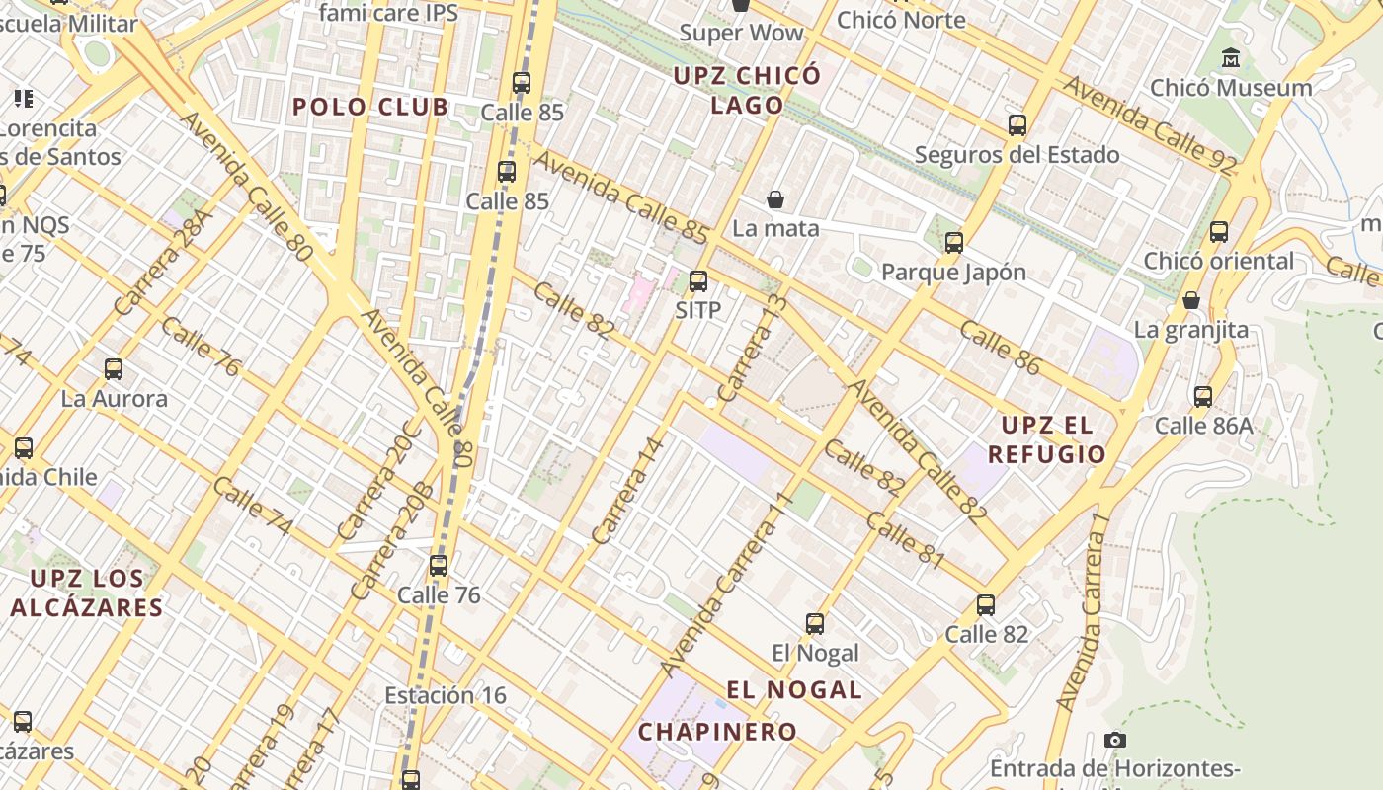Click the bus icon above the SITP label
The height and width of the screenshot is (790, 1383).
point(698,281)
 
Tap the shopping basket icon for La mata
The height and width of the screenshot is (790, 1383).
point(775,200)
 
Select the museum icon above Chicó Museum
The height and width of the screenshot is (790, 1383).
point(1231,58)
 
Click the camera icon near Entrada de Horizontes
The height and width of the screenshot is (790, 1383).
point(1114,740)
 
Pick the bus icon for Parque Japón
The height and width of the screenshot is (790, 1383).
point(953,243)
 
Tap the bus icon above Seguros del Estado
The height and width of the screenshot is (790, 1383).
point(1017,125)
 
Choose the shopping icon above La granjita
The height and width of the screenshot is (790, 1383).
point(1191,300)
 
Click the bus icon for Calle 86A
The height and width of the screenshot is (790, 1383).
point(1202,397)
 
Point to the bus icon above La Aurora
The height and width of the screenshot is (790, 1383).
point(114,370)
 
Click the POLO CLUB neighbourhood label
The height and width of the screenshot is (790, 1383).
point(370,107)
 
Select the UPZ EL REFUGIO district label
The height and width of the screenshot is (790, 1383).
point(1047,439)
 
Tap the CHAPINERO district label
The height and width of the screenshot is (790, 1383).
point(717,732)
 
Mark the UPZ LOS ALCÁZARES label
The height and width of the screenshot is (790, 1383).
point(86,592)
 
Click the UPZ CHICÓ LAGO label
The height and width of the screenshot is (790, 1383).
point(747,90)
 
